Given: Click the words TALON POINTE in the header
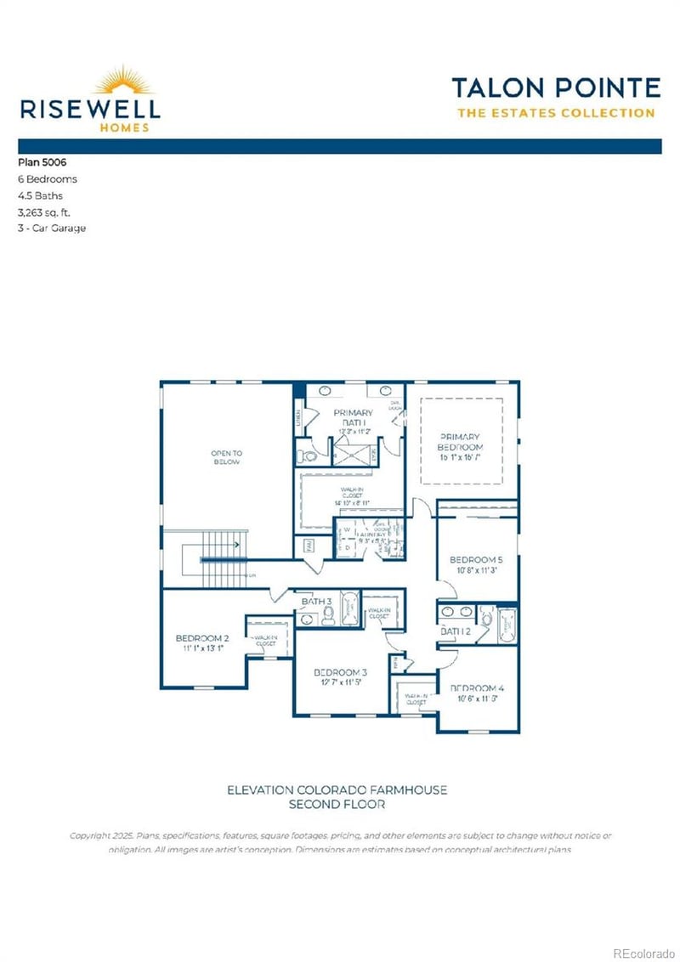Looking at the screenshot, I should click(x=555, y=88).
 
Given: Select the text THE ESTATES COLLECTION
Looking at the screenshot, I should click(x=556, y=113).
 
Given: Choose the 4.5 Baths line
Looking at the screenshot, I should click(x=40, y=195).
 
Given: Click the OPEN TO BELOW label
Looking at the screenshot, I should click(x=226, y=457).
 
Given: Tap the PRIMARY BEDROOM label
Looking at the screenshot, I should click(x=460, y=442).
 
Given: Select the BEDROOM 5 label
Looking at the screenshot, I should click(x=476, y=560).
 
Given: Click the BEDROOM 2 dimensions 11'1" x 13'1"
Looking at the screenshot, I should click(x=202, y=648).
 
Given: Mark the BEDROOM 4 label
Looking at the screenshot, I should click(x=476, y=688).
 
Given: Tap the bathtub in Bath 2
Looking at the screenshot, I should click(x=507, y=627).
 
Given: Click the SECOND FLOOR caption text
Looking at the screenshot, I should click(x=337, y=803).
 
